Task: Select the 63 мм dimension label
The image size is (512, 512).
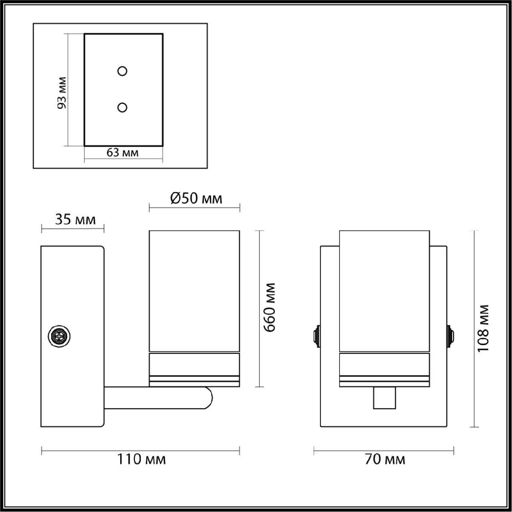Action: point(122,153)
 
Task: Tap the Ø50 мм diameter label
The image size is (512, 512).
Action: point(196,198)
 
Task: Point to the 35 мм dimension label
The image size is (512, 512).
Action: point(75,220)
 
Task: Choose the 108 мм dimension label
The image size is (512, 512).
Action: point(483,329)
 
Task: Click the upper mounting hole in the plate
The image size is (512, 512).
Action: point(122,71)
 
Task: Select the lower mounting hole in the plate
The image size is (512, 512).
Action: point(122,108)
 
